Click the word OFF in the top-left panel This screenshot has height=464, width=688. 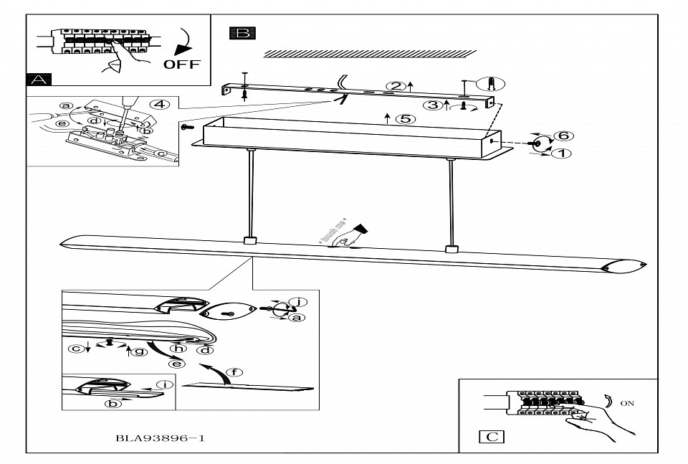tap(182, 64)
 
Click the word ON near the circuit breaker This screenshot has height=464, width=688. tap(627, 403)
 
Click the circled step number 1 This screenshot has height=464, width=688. tap(563, 152)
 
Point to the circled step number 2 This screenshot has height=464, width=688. tap(393, 86)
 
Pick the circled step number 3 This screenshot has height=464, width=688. tap(432, 105)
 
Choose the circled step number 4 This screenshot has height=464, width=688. tap(161, 104)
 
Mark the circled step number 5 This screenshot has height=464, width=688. tap(406, 118)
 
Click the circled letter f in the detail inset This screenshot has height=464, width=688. tap(229, 372)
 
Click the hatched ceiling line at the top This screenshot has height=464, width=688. tap(370, 52)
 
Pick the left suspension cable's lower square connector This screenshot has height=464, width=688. tap(249, 241)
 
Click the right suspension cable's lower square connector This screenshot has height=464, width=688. tap(451, 250)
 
